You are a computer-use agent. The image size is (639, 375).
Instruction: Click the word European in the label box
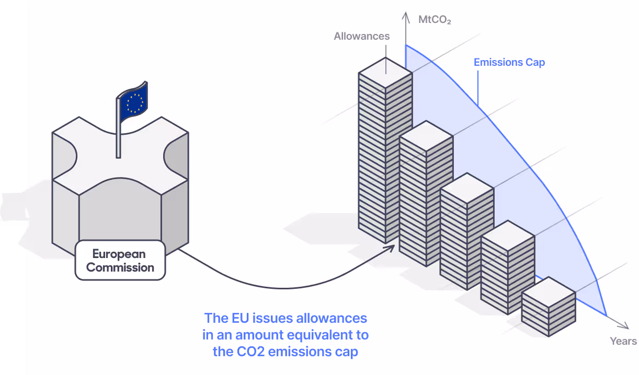[119, 254]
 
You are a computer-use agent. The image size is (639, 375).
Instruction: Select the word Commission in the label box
[120, 267]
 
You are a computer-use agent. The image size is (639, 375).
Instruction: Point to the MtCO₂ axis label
[435, 20]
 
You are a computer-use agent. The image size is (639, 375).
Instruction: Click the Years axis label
[623, 341]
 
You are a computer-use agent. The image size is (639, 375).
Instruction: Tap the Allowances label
[362, 36]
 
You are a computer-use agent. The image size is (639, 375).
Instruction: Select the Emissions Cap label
[509, 62]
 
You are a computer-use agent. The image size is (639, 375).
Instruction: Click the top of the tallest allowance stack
[385, 73]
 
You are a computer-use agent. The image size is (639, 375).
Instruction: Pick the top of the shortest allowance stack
[549, 292]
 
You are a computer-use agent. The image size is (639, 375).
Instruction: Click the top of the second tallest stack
[426, 136]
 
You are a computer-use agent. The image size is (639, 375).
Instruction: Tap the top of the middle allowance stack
[467, 188]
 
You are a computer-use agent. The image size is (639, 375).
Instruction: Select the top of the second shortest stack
[508, 236]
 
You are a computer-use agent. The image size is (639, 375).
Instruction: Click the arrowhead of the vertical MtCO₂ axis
[406, 17]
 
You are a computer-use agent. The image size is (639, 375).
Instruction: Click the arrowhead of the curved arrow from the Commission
[390, 248]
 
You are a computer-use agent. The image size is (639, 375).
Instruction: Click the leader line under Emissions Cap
[478, 88]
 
